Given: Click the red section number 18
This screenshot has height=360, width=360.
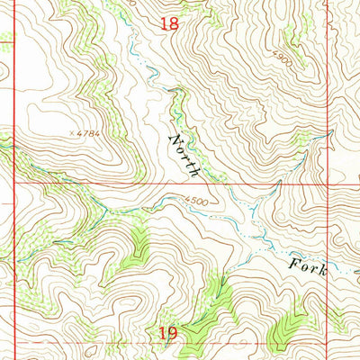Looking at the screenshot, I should click(x=168, y=24).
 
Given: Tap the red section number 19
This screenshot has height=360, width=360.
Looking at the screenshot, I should click(x=168, y=334).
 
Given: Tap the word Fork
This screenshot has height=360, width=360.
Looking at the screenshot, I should click(x=308, y=267).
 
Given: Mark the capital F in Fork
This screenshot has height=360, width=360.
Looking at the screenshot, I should click(x=294, y=264).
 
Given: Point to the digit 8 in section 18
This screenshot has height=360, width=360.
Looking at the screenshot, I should click(x=174, y=24).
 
